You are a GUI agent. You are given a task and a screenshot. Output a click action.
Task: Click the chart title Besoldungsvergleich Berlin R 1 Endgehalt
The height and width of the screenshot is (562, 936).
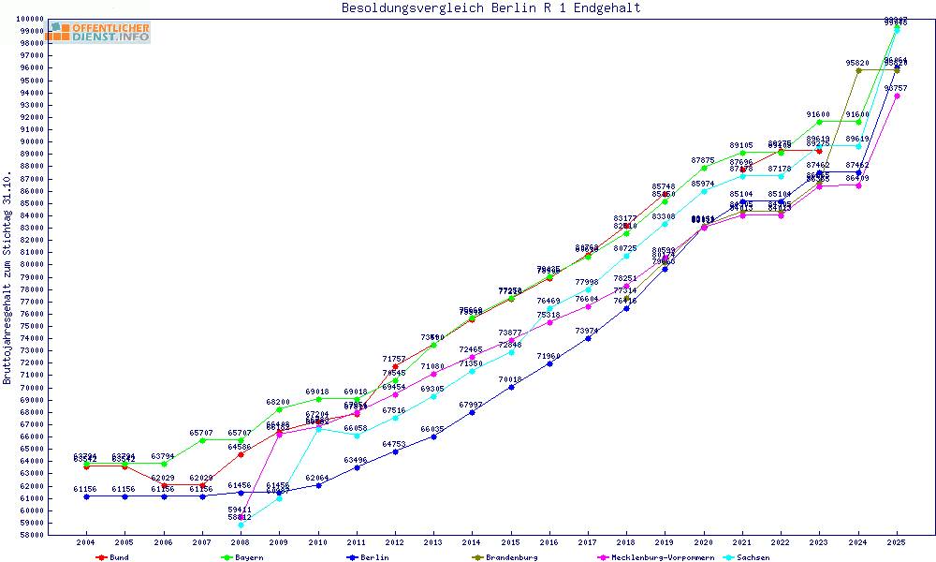[491, 8]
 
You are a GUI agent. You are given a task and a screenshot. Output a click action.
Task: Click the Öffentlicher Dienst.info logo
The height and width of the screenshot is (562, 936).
[99, 33]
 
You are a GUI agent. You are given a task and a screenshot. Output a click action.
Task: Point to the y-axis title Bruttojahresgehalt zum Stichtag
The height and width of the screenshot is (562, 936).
[8, 278]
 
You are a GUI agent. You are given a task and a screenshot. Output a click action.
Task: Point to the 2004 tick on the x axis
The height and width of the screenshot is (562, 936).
[86, 542]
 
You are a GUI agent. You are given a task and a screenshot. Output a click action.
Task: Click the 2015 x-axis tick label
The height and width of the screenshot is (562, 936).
[510, 542]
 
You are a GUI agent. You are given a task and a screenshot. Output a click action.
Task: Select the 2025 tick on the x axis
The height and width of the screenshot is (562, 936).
[897, 542]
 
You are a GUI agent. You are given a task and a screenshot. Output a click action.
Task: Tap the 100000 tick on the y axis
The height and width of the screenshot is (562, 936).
[28, 19]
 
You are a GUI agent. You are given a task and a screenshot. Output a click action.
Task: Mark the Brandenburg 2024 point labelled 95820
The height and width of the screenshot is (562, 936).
[858, 70]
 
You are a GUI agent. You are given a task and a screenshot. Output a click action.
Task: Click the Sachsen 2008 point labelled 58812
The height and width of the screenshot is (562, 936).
[241, 525]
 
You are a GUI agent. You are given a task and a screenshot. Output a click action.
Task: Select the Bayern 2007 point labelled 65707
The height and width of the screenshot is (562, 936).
[202, 440]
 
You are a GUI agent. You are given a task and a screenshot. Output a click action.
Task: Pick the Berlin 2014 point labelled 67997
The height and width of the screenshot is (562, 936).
[472, 412]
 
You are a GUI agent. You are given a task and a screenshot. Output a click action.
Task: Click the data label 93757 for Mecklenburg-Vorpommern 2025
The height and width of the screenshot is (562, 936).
[897, 87]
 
